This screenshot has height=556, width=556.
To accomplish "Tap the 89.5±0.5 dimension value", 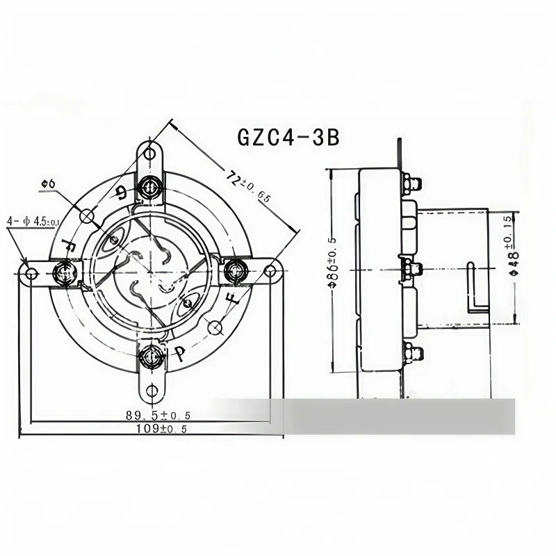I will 158,415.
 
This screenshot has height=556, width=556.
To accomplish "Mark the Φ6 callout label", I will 49,183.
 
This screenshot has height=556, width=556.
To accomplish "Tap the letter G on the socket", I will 122,193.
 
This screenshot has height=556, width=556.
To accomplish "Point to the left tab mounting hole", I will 30,272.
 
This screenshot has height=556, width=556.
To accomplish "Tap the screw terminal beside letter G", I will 149,186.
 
